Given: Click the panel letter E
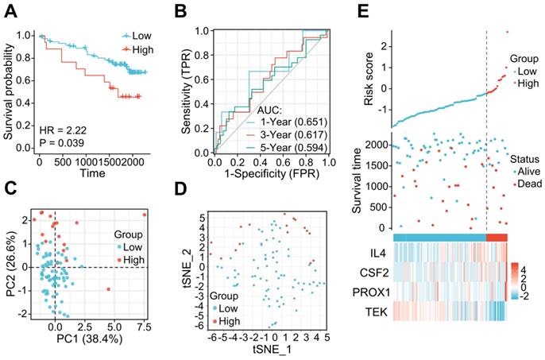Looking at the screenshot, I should [x=360, y=11].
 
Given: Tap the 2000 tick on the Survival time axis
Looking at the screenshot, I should [x=380, y=145].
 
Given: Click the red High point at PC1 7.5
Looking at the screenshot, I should [x=145, y=215].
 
